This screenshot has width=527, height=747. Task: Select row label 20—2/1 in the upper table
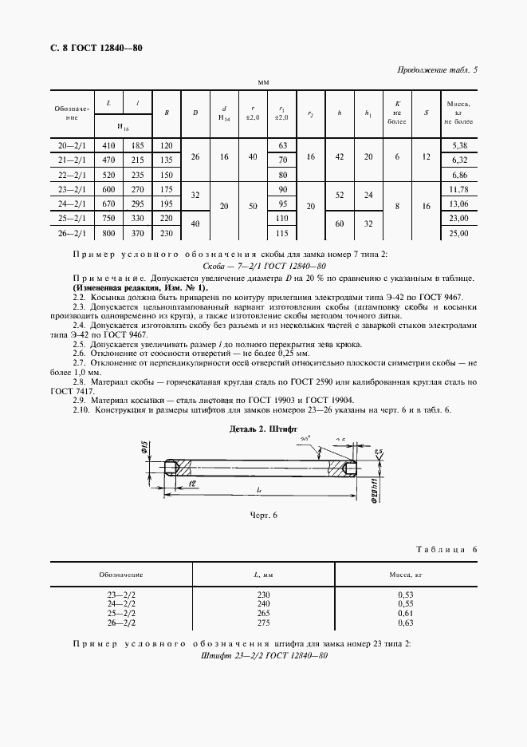73,146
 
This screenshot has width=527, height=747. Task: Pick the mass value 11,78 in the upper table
458,188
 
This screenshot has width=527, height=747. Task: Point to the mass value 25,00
458,232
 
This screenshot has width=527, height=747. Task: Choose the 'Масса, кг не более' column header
458,113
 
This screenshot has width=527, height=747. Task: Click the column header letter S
426,113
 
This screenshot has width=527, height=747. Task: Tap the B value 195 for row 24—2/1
166,204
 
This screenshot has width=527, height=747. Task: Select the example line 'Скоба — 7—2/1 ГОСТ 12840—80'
264,266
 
